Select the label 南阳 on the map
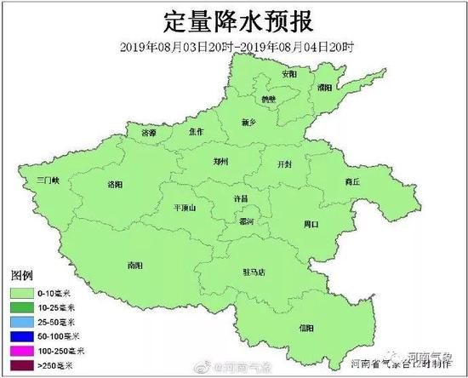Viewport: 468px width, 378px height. point(134,266)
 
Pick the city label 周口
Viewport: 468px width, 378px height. point(311,225)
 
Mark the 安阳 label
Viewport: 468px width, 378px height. point(290,74)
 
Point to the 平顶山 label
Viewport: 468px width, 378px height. point(184,207)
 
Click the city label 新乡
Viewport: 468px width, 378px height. point(249,123)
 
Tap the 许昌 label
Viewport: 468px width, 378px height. point(243,198)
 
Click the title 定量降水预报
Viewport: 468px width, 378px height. point(234,20)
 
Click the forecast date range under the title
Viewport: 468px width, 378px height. point(234,45)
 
